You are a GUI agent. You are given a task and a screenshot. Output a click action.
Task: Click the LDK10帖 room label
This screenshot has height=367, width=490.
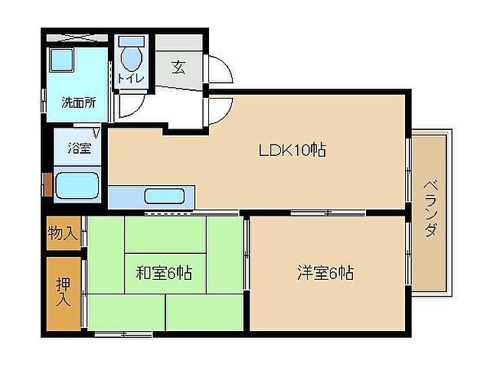pos(291,151)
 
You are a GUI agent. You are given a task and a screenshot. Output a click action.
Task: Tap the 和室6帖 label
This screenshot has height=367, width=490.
pos(164,272)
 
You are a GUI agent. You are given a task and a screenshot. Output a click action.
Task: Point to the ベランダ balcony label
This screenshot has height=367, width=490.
pos(430,208)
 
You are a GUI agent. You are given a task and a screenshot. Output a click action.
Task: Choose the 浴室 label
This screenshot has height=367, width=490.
pos(80,148)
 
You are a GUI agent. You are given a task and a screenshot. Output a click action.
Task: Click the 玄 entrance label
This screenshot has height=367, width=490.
pos(178,67)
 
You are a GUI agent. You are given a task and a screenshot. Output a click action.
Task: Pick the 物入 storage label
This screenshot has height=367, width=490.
pos(63,234)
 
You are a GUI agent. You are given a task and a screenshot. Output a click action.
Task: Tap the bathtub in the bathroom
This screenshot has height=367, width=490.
pos(77,185)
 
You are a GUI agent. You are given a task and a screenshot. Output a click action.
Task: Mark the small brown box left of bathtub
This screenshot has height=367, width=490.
pos(47,184)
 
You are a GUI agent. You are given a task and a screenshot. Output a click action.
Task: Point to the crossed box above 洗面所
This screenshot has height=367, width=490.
pos(74,37)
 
